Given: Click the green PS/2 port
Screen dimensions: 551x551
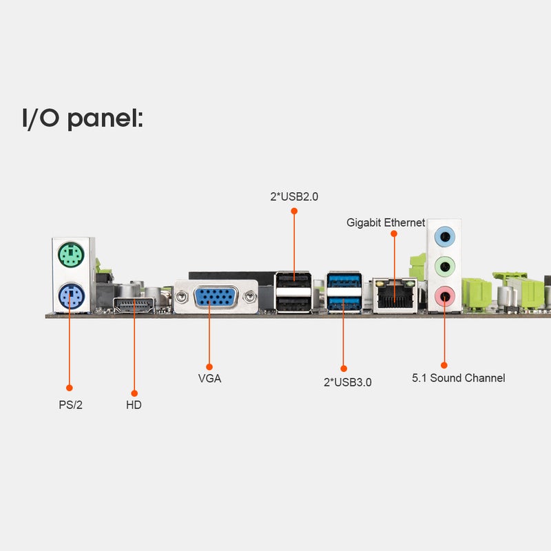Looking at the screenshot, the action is [71, 254].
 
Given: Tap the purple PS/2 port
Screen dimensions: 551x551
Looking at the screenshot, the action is [72, 296].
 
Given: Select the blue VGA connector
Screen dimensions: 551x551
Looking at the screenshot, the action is [216, 297].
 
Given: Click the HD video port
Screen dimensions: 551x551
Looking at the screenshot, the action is [134, 305].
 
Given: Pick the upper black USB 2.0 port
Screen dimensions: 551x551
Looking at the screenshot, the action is [294, 280].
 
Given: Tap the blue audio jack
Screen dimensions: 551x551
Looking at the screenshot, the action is [444, 236].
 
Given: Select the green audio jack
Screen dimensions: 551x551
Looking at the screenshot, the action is [445, 267].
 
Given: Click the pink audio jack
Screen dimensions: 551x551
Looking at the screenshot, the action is [445, 296].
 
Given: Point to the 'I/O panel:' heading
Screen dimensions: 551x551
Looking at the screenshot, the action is [83, 118].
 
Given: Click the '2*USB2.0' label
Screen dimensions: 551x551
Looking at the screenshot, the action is [294, 196].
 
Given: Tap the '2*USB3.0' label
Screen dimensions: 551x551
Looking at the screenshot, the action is [348, 382].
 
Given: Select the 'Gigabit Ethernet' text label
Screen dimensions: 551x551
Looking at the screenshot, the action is [386, 222].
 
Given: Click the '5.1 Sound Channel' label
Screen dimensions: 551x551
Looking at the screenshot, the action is [459, 377].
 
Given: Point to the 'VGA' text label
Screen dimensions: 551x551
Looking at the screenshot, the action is [209, 378].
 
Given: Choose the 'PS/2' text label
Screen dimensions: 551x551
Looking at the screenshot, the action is [71, 405].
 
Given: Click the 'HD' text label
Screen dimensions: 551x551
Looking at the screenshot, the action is [134, 405].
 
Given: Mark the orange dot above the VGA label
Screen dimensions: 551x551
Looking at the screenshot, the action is [209, 367].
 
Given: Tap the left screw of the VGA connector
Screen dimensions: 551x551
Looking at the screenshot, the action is [182, 298].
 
